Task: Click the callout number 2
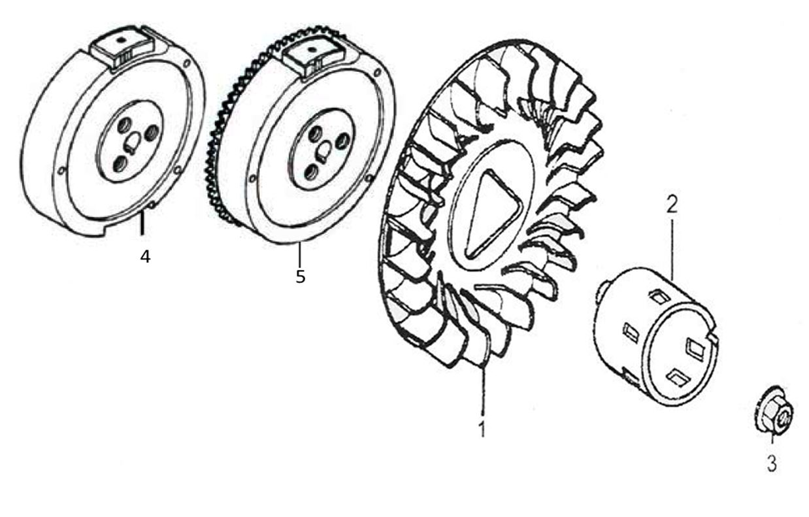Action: [x=672, y=204]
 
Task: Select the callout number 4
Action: [x=145, y=256]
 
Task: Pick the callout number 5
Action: [x=300, y=276]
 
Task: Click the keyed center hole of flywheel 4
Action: [x=131, y=141]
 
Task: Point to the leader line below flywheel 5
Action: [x=299, y=254]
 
